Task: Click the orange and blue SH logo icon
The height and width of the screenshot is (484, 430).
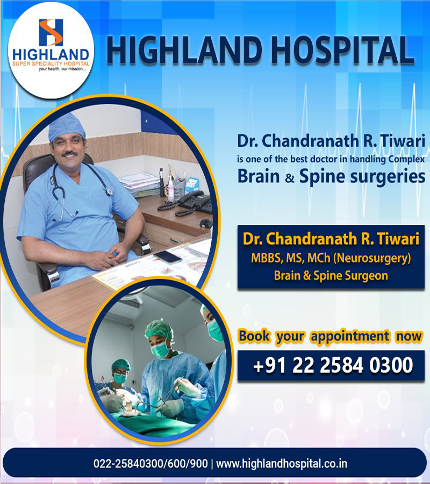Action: [x=51, y=32]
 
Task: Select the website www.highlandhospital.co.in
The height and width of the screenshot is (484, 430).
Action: [x=281, y=464]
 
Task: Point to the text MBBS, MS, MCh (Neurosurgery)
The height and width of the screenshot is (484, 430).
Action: [x=331, y=258]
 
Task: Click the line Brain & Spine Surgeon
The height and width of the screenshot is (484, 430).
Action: [x=331, y=275]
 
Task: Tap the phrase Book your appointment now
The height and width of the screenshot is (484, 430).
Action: [x=330, y=337]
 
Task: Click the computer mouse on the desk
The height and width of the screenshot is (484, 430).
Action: [x=206, y=223]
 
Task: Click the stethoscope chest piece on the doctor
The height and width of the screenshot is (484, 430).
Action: [x=109, y=192]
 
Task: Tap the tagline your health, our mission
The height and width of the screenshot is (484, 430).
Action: [x=62, y=69]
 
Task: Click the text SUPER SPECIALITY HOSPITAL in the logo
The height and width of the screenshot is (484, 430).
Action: [x=51, y=63]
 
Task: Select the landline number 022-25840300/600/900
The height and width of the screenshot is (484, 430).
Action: [x=150, y=464]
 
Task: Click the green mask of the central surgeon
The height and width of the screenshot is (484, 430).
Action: [x=160, y=350]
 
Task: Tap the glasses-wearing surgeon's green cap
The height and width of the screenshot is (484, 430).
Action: [x=120, y=364]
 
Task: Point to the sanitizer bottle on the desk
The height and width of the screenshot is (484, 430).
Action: [x=170, y=188]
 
